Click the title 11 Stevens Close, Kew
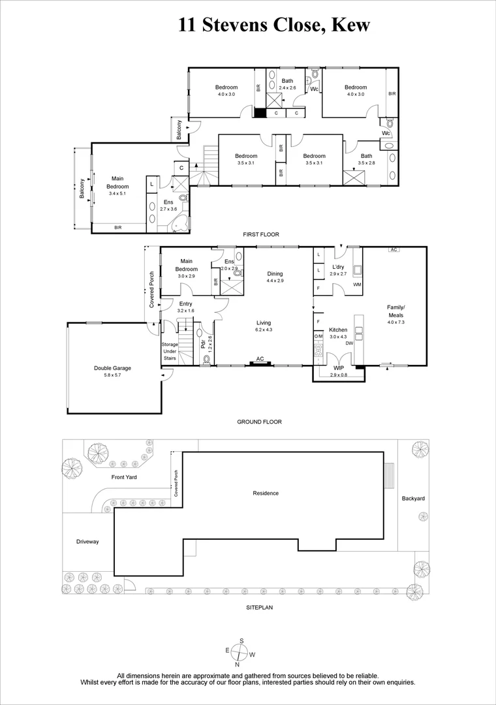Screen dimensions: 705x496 (274, 25)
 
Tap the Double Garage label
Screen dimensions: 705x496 (113, 368)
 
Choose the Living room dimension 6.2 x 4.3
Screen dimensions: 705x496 (264, 330)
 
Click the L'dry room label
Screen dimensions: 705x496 (338, 268)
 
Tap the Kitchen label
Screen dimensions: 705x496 (337, 329)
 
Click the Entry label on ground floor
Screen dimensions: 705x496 (186, 304)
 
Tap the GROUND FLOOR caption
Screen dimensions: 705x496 (259, 422)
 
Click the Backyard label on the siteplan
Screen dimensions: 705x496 (413, 498)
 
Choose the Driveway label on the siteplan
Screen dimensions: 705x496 (87, 542)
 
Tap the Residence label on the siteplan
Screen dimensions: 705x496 (266, 493)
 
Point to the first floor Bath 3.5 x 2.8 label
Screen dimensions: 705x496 (366, 156)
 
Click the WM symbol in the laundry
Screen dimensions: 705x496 (357, 285)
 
